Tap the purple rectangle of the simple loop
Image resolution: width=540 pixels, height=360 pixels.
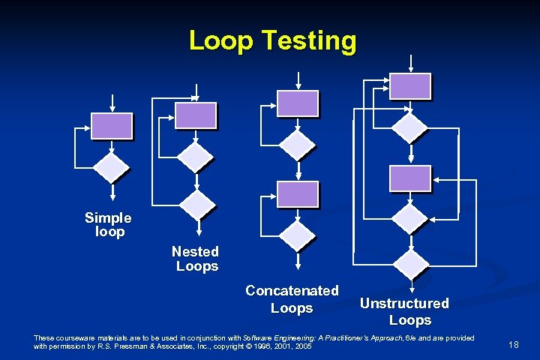(x=112, y=126)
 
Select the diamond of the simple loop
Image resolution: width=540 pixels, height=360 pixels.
(x=112, y=169)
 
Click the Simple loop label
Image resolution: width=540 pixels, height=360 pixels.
(x=108, y=225)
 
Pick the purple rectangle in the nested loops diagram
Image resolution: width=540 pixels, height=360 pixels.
(x=196, y=115)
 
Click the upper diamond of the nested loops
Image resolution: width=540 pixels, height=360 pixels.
(x=196, y=157)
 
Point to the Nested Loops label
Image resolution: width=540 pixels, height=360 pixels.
(x=196, y=259)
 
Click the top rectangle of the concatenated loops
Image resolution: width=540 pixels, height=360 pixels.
(x=298, y=103)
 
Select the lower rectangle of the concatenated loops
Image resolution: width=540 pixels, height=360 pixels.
(x=298, y=194)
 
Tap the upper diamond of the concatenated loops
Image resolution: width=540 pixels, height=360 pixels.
(x=298, y=144)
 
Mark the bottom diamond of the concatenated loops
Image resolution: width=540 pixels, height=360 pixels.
(x=298, y=235)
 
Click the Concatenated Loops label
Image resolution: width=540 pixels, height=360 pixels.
(x=292, y=299)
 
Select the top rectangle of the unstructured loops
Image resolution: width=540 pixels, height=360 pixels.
(x=410, y=86)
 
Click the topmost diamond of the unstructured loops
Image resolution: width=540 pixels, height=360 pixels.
(x=410, y=127)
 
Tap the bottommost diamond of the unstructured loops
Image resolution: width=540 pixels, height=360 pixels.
(x=410, y=263)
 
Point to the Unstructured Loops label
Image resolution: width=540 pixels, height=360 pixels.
(x=404, y=312)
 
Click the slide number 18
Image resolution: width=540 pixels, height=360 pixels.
(x=514, y=344)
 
